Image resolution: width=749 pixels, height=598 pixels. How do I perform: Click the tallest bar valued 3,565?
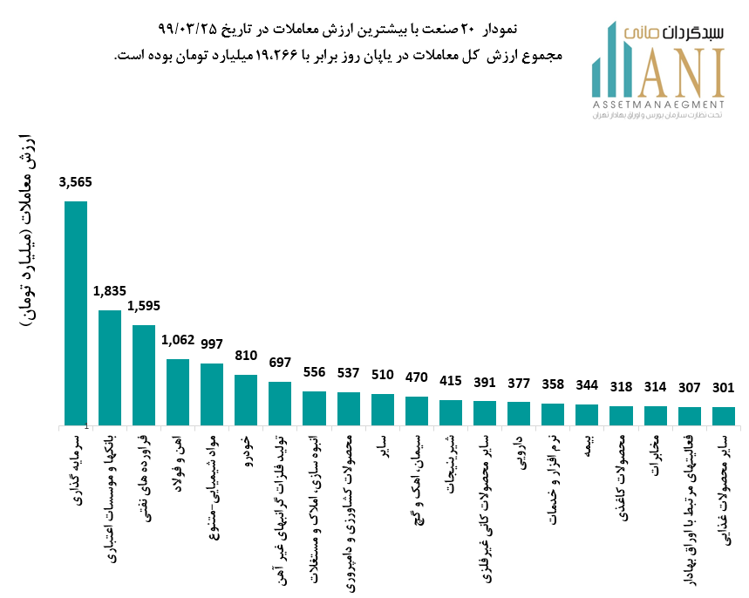coord(76,313)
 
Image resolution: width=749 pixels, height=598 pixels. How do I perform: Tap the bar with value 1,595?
coord(144,375)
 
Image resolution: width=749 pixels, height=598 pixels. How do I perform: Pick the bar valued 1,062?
coord(178,391)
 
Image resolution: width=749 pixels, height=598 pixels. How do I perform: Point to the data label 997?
coord(212,343)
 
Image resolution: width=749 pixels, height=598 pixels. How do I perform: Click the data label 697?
coord(280,362)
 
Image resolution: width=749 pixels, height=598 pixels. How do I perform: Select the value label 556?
coord(314,372)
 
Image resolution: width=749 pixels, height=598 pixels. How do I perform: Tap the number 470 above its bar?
coord(416,377)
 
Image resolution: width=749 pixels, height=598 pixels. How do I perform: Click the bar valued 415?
coord(450,412)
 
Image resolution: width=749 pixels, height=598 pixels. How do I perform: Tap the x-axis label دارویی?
coord(518,452)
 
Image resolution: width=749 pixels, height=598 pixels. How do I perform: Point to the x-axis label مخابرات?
coord(655,455)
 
